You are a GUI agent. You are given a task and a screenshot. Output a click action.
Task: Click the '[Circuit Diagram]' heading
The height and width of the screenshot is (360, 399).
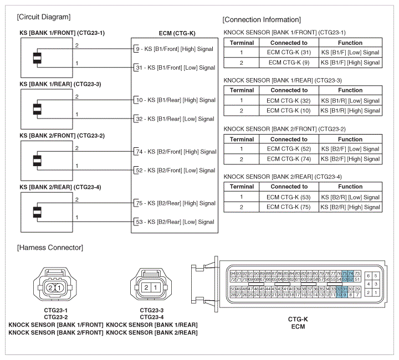click(x=44, y=17)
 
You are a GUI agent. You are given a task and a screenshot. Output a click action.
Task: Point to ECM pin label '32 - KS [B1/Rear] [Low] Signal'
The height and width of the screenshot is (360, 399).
click(x=175, y=119)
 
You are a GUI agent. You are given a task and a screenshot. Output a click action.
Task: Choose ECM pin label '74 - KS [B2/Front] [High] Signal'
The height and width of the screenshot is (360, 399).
click(x=176, y=152)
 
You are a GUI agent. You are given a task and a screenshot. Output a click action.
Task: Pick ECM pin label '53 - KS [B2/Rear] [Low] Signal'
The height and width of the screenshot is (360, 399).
click(x=175, y=222)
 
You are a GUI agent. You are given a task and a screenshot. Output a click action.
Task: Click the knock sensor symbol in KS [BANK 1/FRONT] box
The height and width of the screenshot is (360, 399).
click(x=37, y=58)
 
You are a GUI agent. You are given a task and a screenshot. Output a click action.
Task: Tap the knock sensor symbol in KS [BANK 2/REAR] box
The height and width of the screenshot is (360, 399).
click(x=37, y=212)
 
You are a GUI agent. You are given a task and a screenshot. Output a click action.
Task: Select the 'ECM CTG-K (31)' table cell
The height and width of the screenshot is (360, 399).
click(x=289, y=53)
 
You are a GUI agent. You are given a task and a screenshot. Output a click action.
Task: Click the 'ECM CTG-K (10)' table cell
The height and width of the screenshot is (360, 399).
click(x=289, y=110)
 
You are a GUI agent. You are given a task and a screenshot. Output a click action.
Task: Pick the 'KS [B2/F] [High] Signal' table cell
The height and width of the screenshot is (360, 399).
click(x=350, y=159)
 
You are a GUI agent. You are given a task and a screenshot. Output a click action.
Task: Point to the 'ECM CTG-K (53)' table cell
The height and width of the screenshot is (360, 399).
click(x=289, y=197)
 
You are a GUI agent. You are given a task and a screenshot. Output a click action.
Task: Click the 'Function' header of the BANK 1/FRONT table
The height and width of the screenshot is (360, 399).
click(x=350, y=43)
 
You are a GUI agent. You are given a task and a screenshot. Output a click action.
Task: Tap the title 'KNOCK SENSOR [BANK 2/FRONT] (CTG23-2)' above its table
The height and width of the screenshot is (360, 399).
click(x=284, y=129)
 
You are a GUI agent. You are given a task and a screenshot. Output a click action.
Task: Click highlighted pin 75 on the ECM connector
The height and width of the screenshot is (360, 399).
click(x=345, y=273)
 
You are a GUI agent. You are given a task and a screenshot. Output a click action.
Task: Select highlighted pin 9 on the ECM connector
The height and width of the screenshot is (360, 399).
click(x=345, y=295)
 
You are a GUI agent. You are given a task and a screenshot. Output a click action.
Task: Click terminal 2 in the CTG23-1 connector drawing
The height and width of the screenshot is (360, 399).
click(x=50, y=288)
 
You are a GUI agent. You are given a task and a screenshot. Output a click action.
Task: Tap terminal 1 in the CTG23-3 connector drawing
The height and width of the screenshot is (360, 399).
click(x=156, y=288)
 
